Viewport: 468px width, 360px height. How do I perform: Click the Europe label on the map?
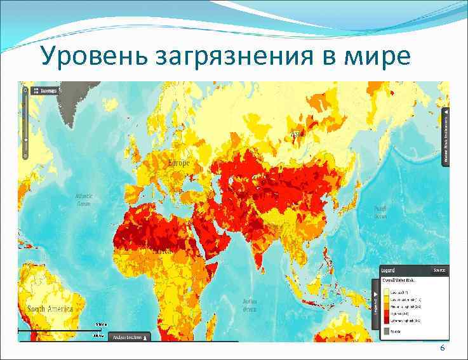(x=178, y=163)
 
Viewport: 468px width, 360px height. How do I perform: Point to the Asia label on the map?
(x=296, y=135)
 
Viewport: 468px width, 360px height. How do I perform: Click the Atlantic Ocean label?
(x=84, y=199)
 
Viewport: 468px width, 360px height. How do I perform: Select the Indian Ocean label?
(x=250, y=305)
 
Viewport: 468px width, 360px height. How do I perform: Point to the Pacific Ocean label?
(x=380, y=212)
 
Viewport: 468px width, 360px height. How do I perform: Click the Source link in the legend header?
(x=439, y=270)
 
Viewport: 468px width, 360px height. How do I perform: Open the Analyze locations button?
(x=130, y=337)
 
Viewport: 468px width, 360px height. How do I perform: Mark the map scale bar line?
(x=60, y=331)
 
